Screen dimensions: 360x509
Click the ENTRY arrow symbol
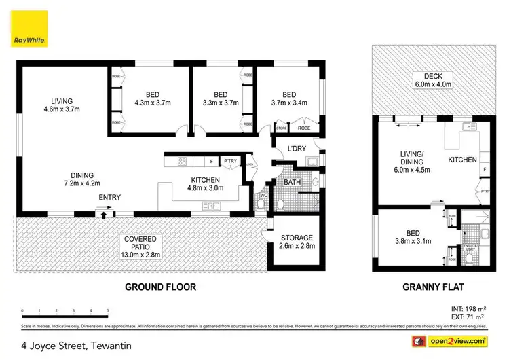pos(103,215)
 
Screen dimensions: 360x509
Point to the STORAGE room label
pos(297,242)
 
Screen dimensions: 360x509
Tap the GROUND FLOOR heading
pos(160,287)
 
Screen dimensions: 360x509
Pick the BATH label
pos(293,182)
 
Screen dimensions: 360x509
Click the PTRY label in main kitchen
pos(230,161)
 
